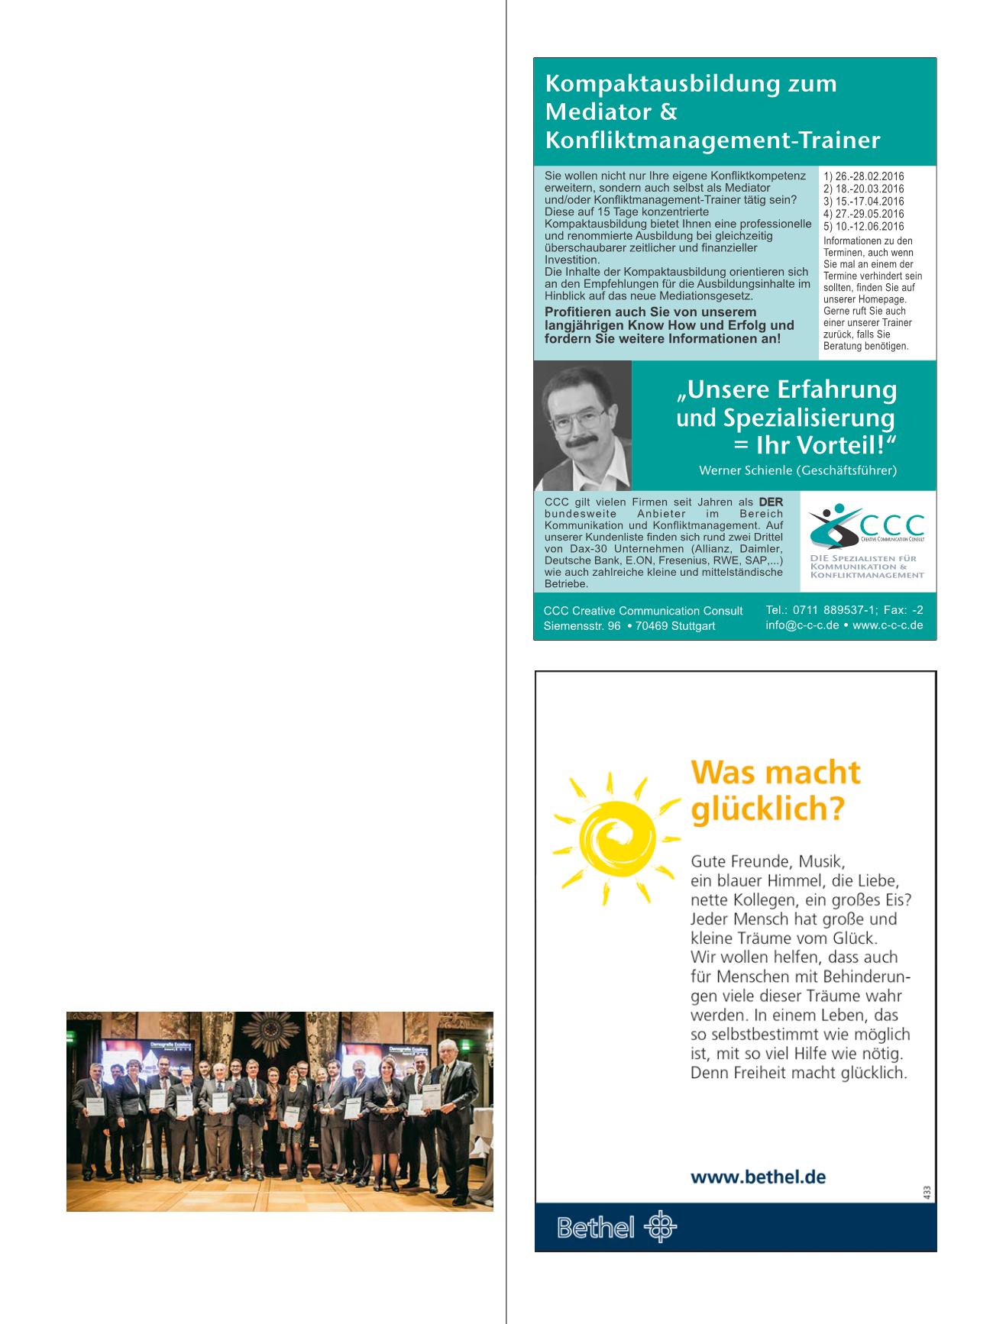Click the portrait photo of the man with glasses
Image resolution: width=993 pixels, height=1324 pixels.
(x=583, y=425)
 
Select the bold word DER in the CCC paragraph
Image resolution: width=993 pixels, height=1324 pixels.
(x=770, y=502)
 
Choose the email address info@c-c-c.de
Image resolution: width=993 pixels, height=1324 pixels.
(x=802, y=625)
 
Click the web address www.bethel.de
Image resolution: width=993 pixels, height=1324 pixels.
(x=758, y=1177)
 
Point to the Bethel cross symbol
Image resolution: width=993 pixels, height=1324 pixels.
(x=661, y=1227)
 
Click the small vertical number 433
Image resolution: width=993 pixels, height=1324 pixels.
(x=927, y=1191)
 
